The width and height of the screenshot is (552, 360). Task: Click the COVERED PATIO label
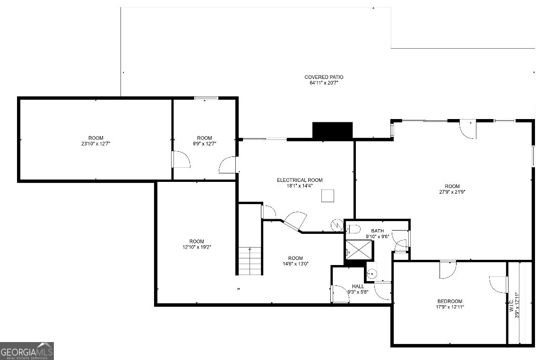point(324,77)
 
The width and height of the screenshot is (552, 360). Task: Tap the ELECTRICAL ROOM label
point(300,180)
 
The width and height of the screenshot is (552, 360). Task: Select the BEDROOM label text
point(449,301)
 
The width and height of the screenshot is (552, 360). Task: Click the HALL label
point(358,286)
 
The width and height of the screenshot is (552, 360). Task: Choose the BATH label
point(377,231)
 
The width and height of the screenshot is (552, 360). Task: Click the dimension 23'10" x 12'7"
point(95,144)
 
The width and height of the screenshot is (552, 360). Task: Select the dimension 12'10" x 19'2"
point(197,247)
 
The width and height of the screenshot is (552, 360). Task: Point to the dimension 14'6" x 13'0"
point(295,264)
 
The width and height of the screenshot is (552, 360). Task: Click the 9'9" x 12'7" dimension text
point(205,144)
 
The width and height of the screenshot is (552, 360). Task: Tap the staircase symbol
point(250,261)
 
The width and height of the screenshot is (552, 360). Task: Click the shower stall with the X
point(359,249)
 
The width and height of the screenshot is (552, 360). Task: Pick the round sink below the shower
point(371,273)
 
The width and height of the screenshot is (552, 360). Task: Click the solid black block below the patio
point(332,130)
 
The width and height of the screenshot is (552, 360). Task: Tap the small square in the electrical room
point(328,196)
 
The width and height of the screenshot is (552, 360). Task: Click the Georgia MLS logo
point(27,351)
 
